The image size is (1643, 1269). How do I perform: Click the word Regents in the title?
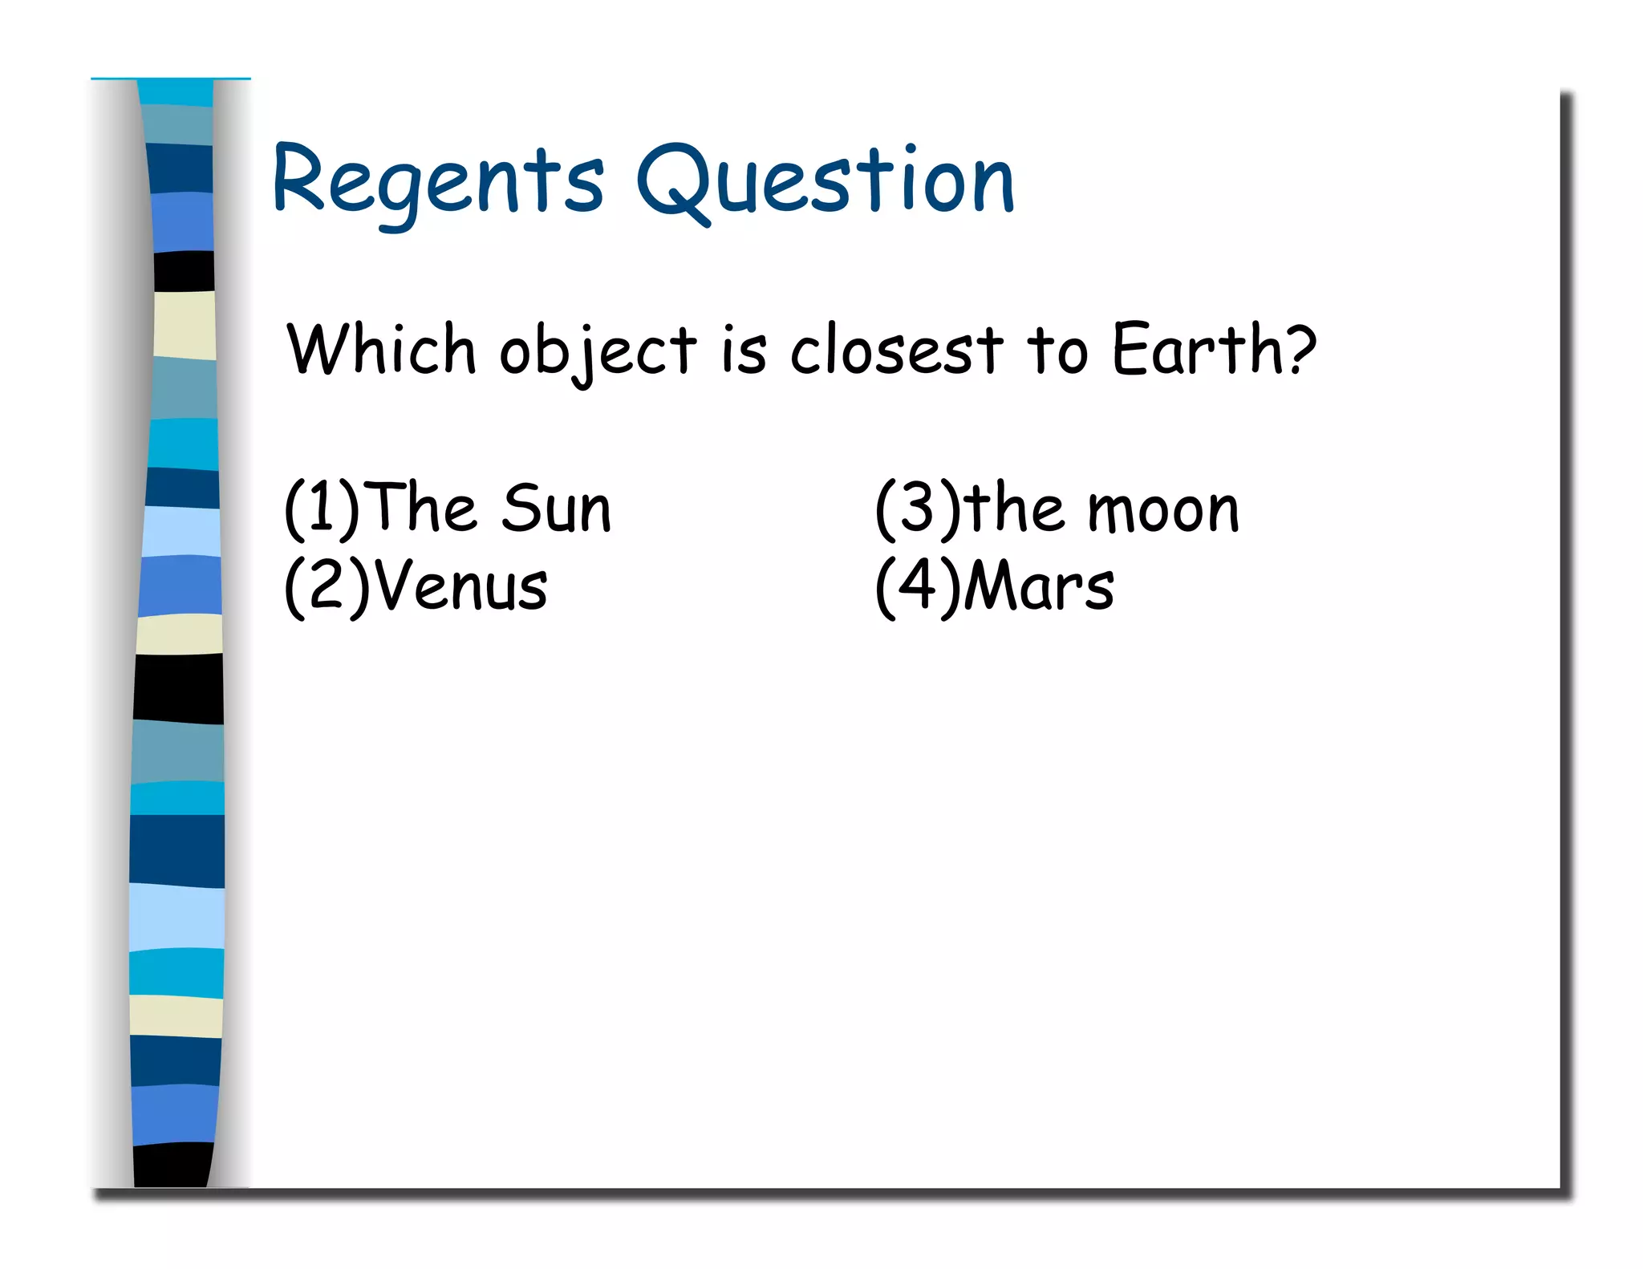[438, 183]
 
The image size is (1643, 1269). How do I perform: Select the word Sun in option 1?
[557, 508]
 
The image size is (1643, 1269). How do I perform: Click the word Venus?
[460, 586]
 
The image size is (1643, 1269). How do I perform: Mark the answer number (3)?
[917, 508]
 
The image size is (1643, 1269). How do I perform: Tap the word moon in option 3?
[1163, 510]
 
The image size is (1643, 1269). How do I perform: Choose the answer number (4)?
[917, 586]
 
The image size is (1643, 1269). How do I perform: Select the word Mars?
[1038, 586]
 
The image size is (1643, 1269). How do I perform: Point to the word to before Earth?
[1057, 351]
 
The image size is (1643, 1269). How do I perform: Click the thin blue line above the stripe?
[170, 79]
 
